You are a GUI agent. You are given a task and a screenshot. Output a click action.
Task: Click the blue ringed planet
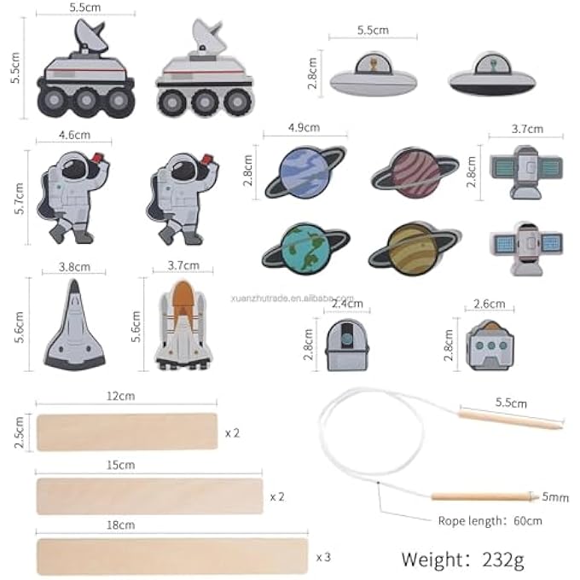[304, 172]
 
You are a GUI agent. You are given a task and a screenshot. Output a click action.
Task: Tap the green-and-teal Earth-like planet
[304, 248]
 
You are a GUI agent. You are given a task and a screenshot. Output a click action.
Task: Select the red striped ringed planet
[415, 173]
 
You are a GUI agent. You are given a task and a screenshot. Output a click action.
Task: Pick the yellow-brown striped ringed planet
[415, 248]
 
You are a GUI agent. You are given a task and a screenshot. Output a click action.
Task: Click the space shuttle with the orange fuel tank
[183, 326]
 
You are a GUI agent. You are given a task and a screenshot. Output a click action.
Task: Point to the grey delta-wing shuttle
[74, 325]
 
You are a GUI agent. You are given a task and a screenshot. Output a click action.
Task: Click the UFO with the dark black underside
[492, 74]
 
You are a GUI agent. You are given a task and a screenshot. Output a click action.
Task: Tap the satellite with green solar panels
[526, 172]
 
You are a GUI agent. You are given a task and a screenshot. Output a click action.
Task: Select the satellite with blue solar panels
[526, 248]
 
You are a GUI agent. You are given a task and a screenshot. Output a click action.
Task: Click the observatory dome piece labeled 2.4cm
[347, 345]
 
